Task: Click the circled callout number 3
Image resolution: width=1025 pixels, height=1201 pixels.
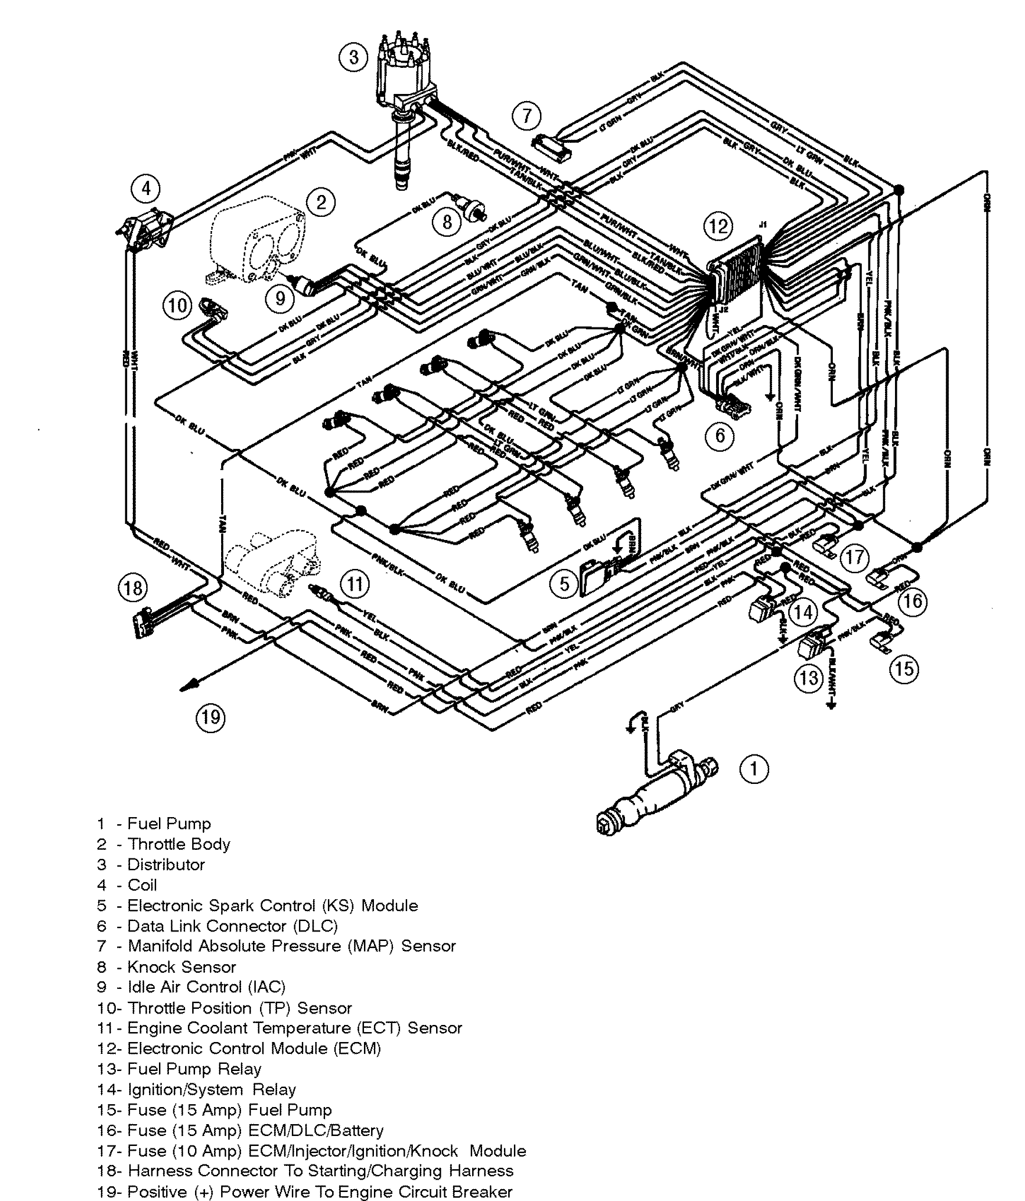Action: tap(354, 57)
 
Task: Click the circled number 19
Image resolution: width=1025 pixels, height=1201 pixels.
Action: tap(210, 717)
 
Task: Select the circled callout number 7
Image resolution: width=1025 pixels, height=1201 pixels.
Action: tap(526, 115)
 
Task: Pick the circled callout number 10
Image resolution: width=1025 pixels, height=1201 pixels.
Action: tap(177, 305)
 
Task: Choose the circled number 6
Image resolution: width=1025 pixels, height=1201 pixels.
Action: tap(719, 435)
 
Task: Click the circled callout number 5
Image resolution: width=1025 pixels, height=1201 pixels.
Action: tap(564, 584)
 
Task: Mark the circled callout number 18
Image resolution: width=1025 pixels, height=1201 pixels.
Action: tap(132, 588)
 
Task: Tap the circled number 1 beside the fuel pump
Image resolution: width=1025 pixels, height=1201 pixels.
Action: tap(754, 769)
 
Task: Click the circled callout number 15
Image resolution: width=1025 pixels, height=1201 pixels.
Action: tap(903, 670)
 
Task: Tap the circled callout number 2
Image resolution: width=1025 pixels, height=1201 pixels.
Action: tap(321, 202)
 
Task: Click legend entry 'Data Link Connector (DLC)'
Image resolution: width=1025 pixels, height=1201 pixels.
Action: tap(232, 926)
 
